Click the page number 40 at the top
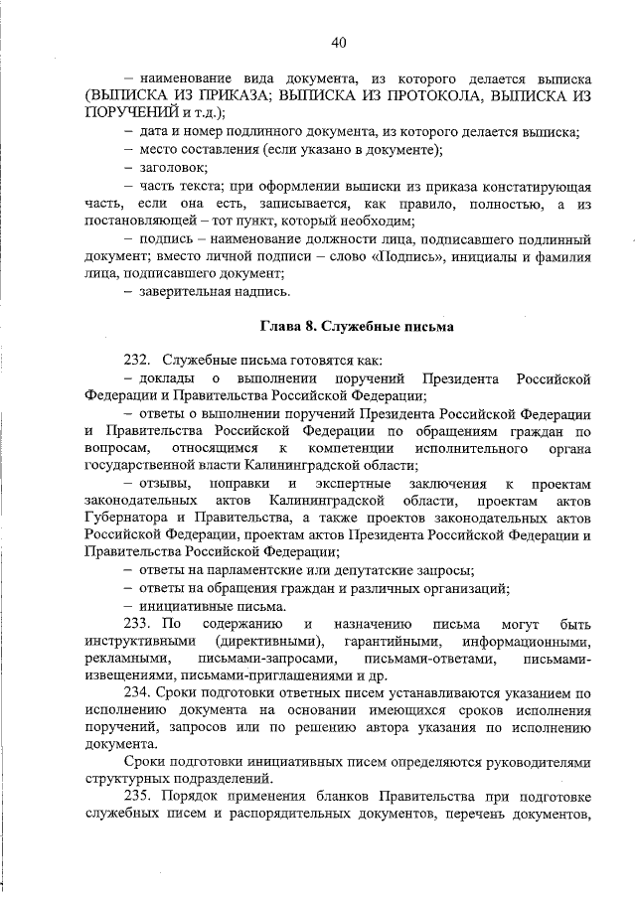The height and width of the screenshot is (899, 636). point(338,42)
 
